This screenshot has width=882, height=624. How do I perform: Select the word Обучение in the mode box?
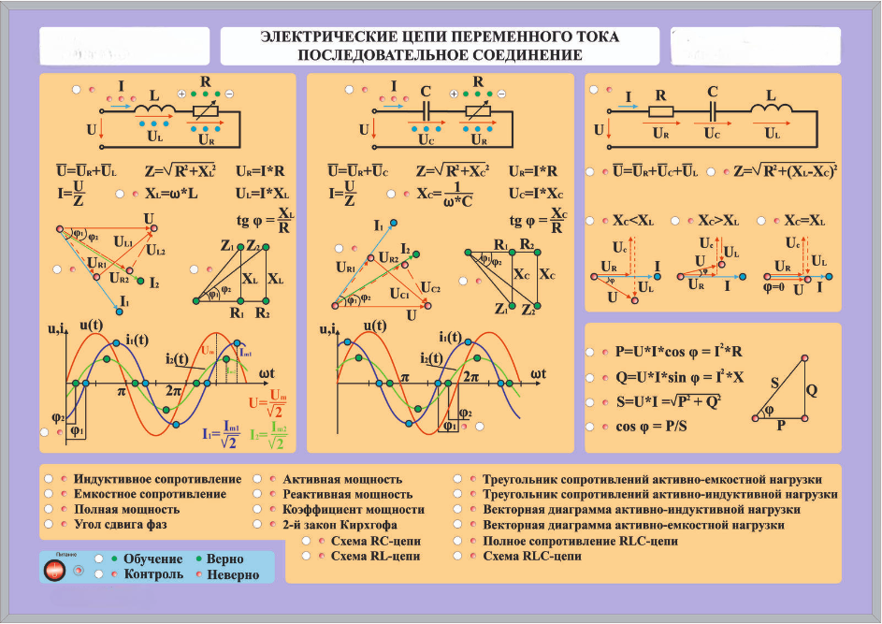click(152, 559)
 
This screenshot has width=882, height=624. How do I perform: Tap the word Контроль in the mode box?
click(153, 573)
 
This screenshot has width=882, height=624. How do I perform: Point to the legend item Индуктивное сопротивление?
click(157, 479)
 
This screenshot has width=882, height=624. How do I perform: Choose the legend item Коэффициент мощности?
click(353, 510)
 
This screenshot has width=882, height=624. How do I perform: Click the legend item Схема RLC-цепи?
click(531, 556)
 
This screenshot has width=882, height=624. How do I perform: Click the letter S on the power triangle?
click(774, 383)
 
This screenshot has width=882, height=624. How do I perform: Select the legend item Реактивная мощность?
click(347, 494)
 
